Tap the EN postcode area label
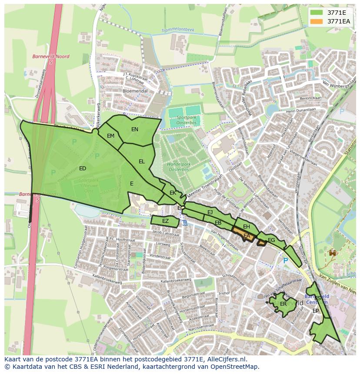click(x=135, y=129)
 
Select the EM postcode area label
click(x=110, y=136)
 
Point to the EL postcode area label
click(x=142, y=162)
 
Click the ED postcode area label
click(x=82, y=169)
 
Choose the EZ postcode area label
click(x=165, y=222)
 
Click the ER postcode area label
click(x=283, y=304)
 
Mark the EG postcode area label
click(x=271, y=240)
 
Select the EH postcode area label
click(x=247, y=227)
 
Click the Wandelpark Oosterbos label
click(x=182, y=167)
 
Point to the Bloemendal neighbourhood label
click(x=135, y=91)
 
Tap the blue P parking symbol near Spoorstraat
click(x=285, y=261)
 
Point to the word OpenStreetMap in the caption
click(x=236, y=367)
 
